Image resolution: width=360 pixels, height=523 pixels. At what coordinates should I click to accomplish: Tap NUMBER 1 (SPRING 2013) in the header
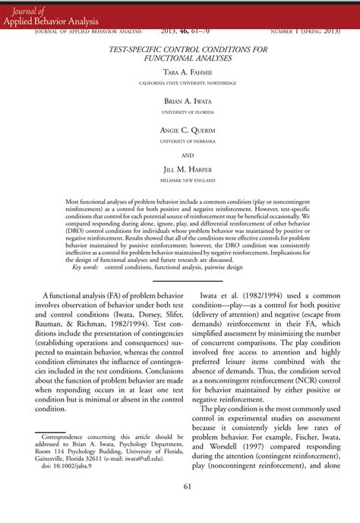[x=308, y=32]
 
